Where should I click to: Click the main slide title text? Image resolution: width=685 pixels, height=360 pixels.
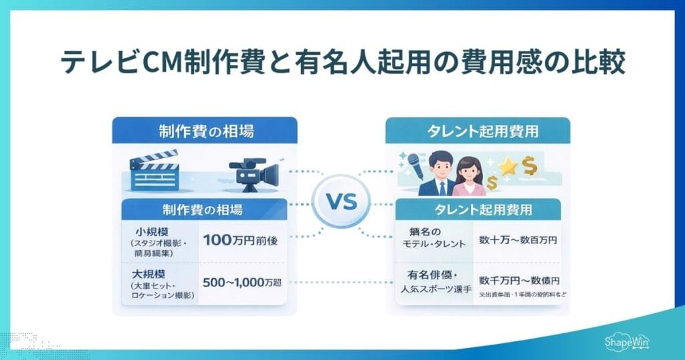point(342,64)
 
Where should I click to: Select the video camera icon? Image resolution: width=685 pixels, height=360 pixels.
point(254,175)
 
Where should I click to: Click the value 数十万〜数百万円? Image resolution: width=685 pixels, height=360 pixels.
point(518,239)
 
